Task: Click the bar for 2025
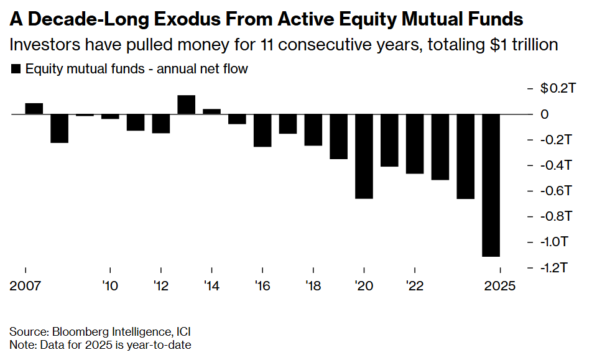(x=491, y=185)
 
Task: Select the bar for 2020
(x=364, y=157)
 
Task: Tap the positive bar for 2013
(x=187, y=105)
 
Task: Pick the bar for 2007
(x=34, y=109)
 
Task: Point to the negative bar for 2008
(x=60, y=129)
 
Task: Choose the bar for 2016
(x=262, y=131)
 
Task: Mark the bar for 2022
(x=415, y=144)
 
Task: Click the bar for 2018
(x=313, y=130)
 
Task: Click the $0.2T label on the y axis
(x=553, y=89)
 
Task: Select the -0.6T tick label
(x=553, y=191)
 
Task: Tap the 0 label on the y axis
(x=544, y=114)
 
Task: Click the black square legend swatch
(x=16, y=69)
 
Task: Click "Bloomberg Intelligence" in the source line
(x=103, y=331)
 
